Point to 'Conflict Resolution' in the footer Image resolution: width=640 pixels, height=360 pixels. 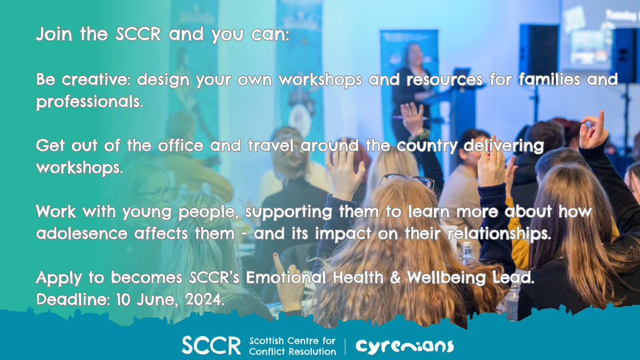(293, 351)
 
